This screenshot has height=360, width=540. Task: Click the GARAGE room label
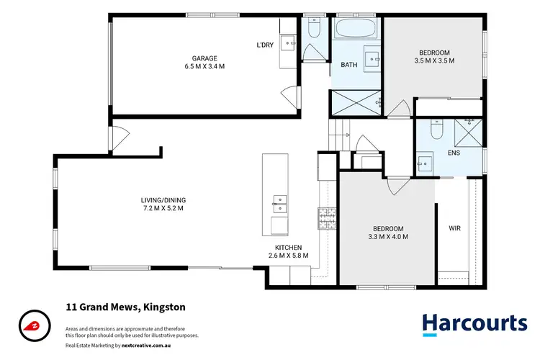tap(204, 58)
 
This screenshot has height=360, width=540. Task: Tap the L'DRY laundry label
tap(265, 45)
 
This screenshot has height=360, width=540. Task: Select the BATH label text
tap(348, 66)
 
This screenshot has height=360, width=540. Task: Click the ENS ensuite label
tap(454, 153)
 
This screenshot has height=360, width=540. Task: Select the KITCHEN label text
tap(287, 246)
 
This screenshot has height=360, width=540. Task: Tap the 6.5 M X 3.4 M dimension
tap(204, 66)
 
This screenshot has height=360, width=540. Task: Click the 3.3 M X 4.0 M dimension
tap(387, 236)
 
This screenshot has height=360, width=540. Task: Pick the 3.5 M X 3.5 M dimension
tap(435, 61)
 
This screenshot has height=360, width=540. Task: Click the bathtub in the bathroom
tap(356, 31)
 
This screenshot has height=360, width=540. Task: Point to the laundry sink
tap(288, 43)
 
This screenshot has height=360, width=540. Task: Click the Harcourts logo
tap(473, 323)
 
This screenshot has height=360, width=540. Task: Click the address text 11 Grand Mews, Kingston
tap(125, 307)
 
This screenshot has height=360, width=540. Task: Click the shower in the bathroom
tap(355, 102)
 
